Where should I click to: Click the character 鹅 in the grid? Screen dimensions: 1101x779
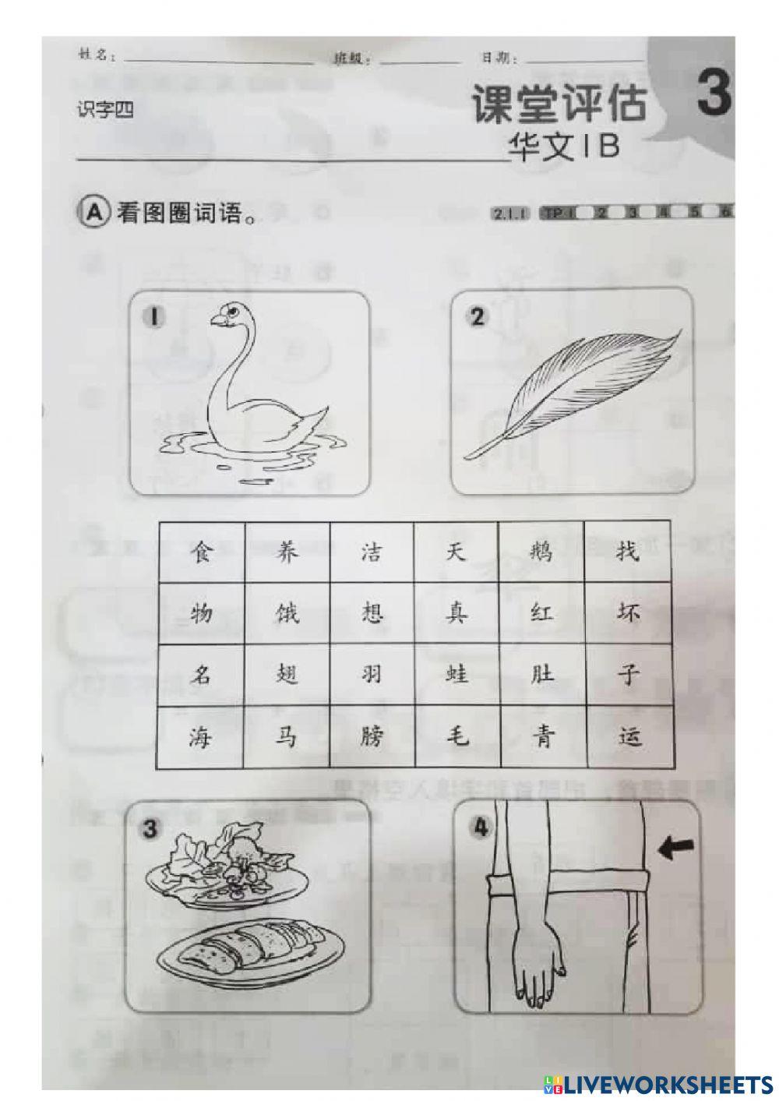pos(541,552)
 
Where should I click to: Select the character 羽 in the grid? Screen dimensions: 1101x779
pos(372,672)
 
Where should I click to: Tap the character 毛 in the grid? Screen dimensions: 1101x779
pos(456,734)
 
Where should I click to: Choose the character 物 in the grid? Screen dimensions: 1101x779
pos(202,613)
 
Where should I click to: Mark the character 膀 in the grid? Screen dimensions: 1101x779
pos(372,734)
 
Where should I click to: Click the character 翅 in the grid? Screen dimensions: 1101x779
pos(287,672)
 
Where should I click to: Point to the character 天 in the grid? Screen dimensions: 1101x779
pos(456,552)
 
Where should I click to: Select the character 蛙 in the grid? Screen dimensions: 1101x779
pos(456,672)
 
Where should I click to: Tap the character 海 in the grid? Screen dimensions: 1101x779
pos(202,734)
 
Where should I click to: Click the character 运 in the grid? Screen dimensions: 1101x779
pos(628,734)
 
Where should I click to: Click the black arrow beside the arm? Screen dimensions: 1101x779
pos(675,849)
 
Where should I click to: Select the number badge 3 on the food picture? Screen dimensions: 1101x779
pos(150,829)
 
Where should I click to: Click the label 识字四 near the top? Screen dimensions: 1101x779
pos(105,111)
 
